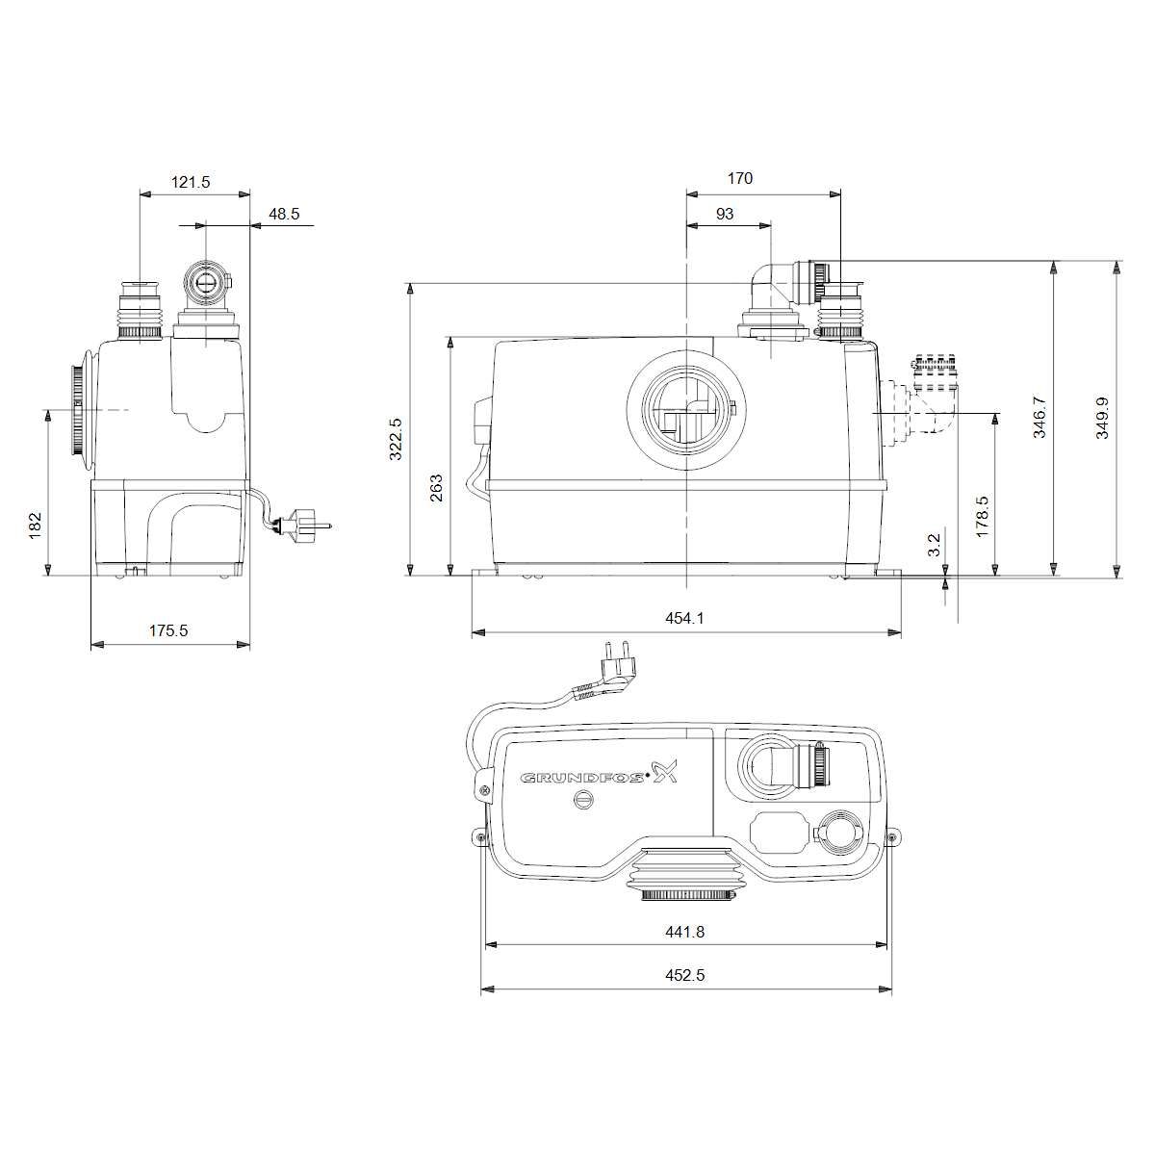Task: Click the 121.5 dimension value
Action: click(191, 182)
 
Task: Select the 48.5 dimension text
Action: click(284, 214)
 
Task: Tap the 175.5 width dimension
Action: click(168, 630)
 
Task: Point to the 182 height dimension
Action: click(36, 526)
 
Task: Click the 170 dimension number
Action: click(739, 179)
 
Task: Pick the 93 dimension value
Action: click(725, 214)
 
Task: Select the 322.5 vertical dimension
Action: click(396, 439)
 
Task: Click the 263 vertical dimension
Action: click(436, 488)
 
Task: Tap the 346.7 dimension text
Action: click(1039, 417)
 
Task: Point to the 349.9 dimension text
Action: click(1102, 419)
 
